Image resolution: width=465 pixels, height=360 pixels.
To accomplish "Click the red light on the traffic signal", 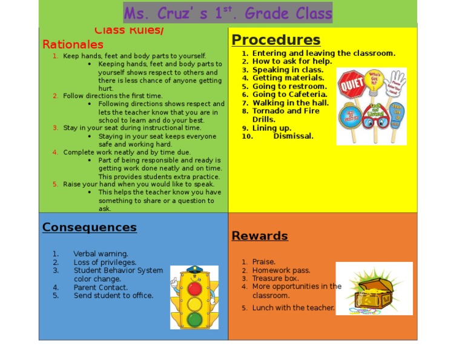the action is coord(194,287).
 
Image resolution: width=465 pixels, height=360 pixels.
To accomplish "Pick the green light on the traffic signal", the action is coord(194,318).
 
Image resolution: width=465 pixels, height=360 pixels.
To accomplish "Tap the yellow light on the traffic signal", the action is coord(194,303).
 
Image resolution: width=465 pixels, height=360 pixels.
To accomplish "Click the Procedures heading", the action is coord(275,40).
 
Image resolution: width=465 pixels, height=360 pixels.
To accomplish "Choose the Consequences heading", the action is coord(89,227).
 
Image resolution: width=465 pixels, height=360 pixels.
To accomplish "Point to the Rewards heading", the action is coord(259,236).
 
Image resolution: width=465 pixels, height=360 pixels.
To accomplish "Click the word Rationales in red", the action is coord(73,44).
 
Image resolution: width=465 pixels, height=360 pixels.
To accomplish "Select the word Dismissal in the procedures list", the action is coord(293,136).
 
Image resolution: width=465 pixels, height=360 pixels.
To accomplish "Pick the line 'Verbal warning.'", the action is coord(101,254).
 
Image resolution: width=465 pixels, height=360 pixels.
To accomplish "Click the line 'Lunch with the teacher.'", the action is coord(293,308).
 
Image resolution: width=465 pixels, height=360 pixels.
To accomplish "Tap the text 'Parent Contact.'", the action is coord(101,287).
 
